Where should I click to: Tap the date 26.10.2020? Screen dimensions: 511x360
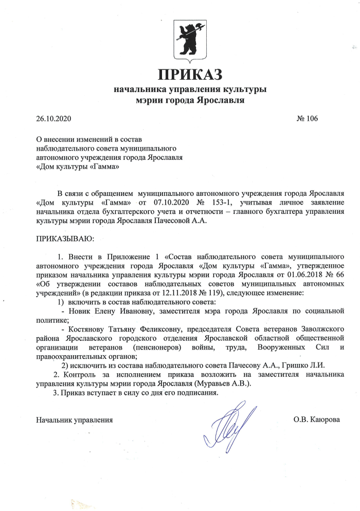click(x=53, y=119)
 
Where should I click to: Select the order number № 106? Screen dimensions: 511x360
click(x=308, y=119)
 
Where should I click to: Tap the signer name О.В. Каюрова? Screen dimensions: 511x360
click(x=316, y=419)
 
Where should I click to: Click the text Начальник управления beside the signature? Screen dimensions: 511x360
click(x=74, y=419)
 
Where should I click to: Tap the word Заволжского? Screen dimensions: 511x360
click(x=319, y=328)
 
